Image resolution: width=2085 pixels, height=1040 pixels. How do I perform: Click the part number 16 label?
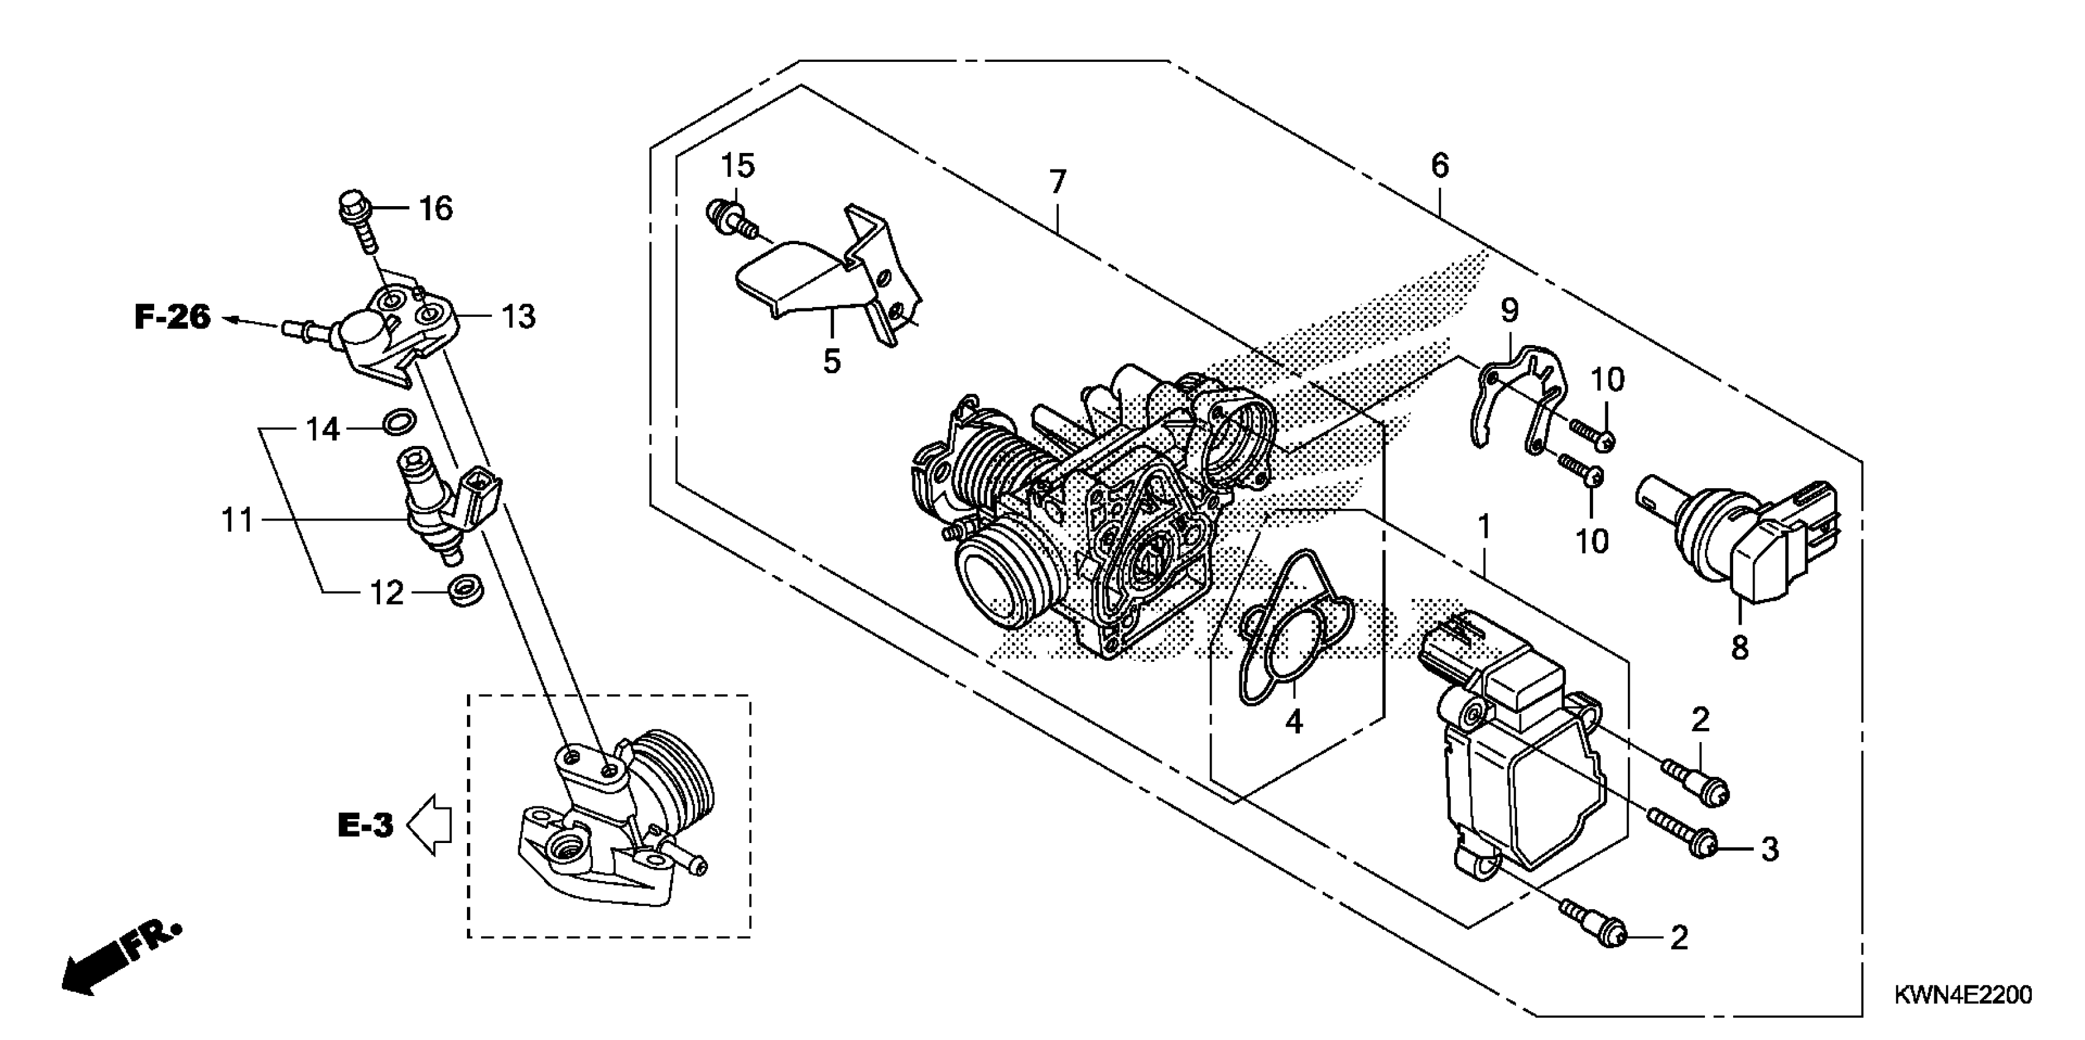(436, 209)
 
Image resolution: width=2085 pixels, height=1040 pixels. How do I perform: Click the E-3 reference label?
(365, 825)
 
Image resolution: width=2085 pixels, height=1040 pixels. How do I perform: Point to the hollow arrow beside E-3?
(430, 825)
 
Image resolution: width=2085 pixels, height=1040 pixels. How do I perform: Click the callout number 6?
(1439, 165)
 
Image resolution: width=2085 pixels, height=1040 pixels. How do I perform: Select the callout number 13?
(518, 316)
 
